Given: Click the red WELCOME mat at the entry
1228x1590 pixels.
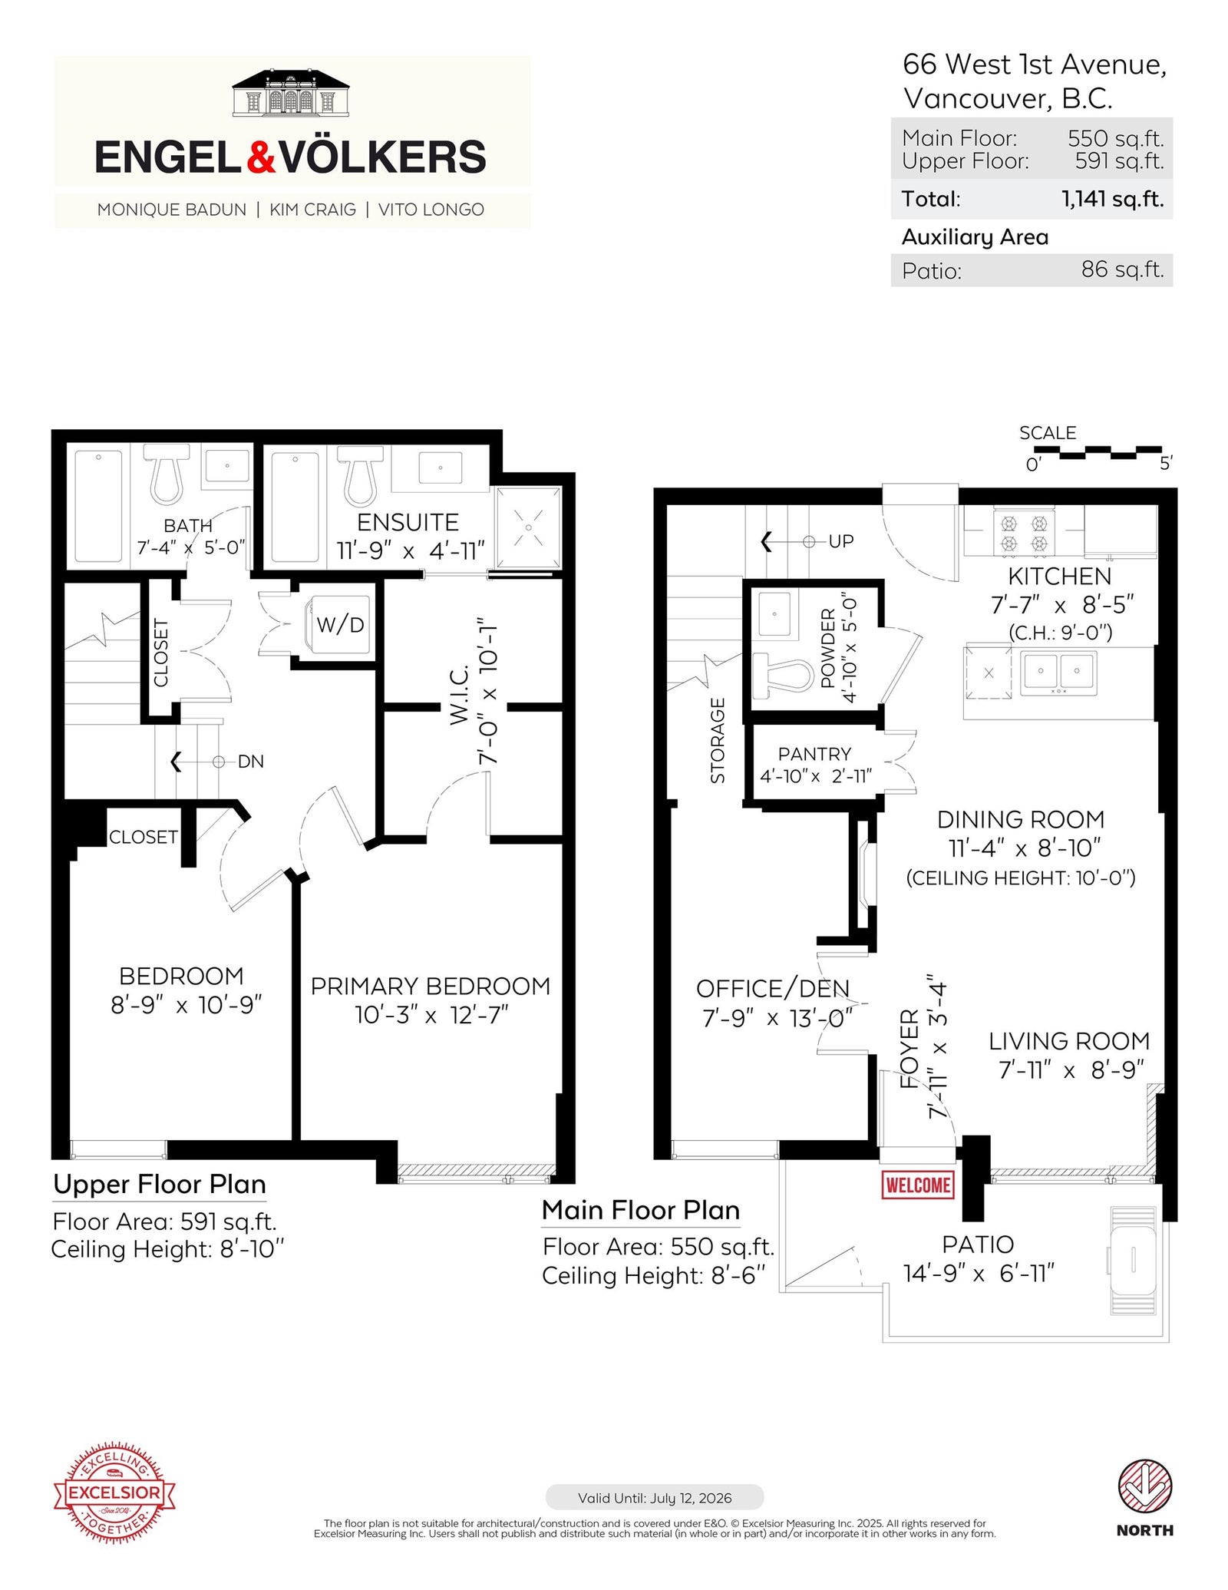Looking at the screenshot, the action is click(917, 1185).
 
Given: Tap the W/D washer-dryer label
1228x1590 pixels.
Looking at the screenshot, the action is click(340, 624).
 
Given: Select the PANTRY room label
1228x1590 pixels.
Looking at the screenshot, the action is click(814, 754).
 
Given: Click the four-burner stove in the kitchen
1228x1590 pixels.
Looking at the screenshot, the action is click(1024, 533).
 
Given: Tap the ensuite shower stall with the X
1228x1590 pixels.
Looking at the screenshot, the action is click(528, 528).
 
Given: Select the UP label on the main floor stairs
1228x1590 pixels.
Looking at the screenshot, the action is click(841, 541).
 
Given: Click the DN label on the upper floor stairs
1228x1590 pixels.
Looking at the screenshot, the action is click(251, 762).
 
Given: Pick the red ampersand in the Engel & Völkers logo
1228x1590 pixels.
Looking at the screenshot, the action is click(261, 157).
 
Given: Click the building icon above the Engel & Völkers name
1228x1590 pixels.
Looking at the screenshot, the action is click(291, 93).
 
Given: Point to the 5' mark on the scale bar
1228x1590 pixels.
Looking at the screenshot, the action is click(1166, 464).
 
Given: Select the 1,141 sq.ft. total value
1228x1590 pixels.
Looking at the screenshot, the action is click(1112, 199).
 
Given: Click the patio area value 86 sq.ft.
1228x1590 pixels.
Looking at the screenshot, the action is click(1122, 269).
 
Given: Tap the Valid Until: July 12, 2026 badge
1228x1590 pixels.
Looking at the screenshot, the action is click(655, 1498).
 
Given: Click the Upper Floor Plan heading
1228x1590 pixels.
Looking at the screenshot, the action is click(160, 1185).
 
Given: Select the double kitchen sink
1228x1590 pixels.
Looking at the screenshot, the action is click(1058, 673).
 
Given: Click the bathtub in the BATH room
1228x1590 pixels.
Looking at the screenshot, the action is click(98, 506).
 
